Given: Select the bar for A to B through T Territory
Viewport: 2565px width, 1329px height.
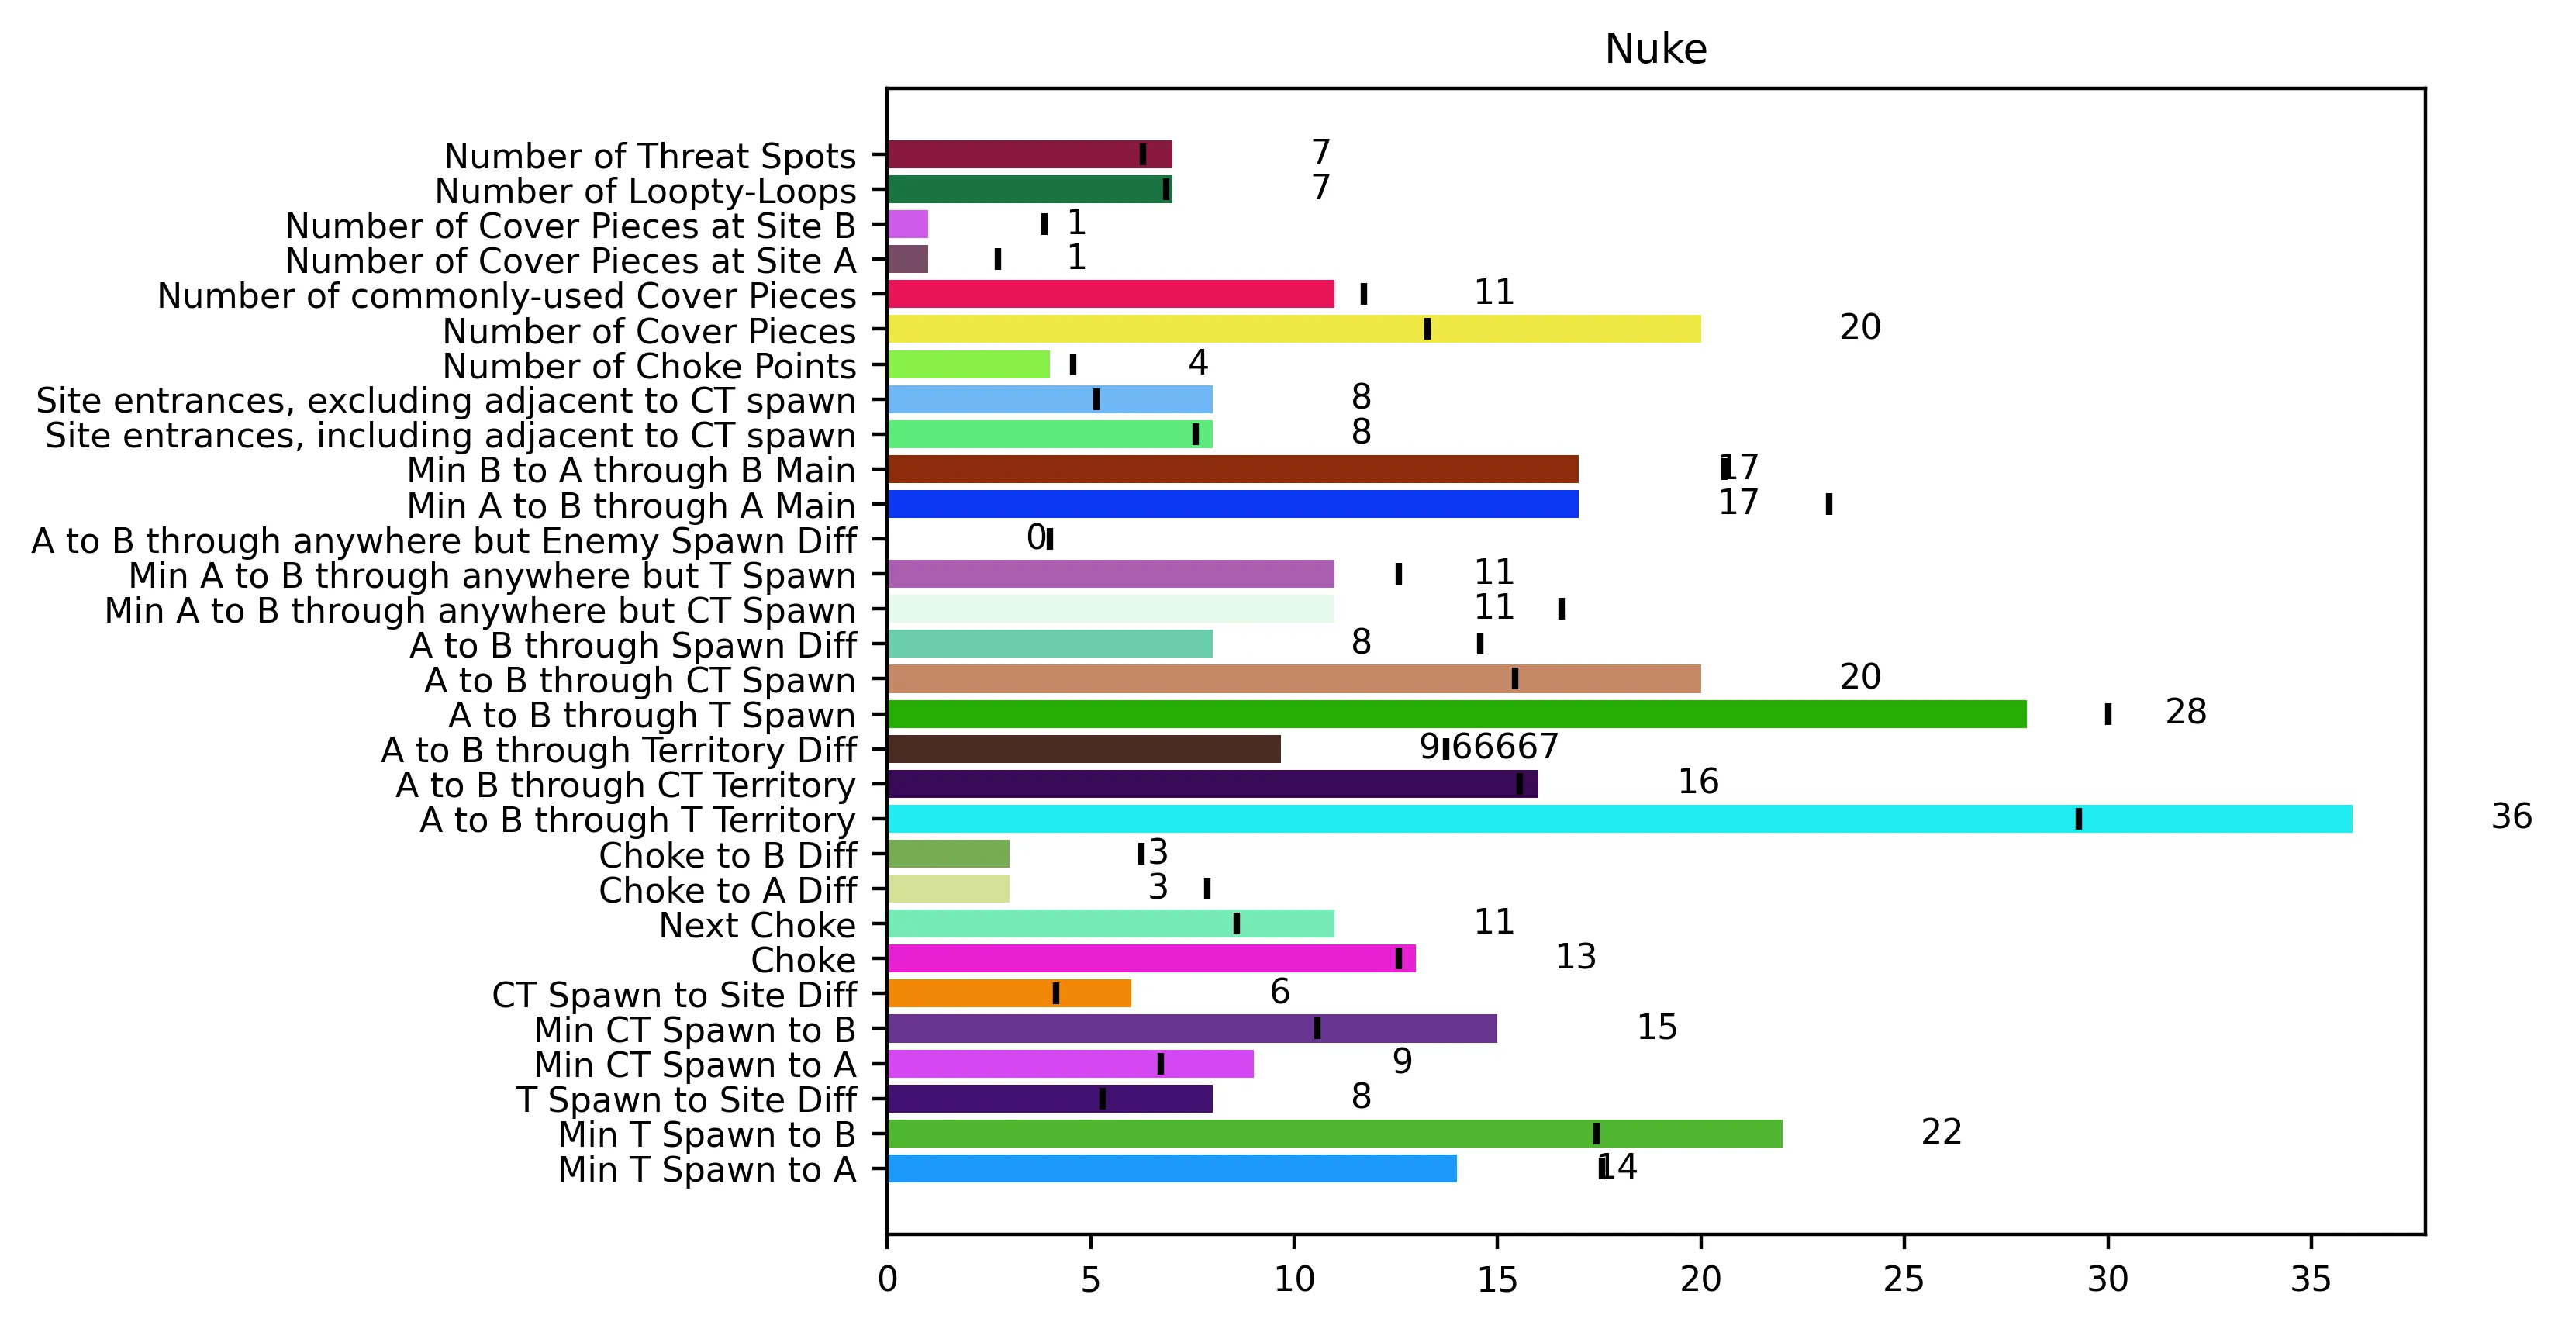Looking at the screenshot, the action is (x=1619, y=818).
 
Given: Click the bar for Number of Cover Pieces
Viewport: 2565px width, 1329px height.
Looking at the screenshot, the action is (x=1293, y=329).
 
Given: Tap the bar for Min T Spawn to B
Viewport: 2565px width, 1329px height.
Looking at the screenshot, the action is (x=1334, y=1133).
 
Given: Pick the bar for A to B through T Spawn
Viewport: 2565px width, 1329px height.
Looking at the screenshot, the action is (x=1457, y=714).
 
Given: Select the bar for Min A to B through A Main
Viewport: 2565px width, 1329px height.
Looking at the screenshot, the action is (x=1233, y=504).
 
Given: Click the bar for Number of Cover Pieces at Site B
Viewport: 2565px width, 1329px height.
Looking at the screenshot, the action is (x=907, y=224).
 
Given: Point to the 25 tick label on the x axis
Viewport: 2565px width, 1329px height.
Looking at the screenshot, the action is (x=1904, y=1279).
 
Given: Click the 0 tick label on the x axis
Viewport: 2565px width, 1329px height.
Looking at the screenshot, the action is (x=887, y=1279).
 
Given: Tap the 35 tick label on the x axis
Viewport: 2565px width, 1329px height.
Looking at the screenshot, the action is (x=2311, y=1279).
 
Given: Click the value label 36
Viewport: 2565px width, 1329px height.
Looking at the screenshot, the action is (x=2511, y=816).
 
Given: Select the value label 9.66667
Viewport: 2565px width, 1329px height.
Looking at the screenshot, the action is (x=1489, y=747).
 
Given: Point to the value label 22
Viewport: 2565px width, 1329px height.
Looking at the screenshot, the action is (x=1941, y=1132).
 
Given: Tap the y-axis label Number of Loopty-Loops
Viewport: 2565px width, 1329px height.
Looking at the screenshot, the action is (x=645, y=190).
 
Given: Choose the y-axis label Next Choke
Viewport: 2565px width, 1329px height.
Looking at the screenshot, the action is (x=757, y=925).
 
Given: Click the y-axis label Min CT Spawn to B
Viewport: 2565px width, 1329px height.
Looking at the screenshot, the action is (x=695, y=1030).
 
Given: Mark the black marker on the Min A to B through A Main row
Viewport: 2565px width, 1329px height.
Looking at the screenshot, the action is (x=1829, y=504).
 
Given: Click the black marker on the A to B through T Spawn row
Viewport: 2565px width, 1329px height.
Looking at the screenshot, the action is (x=2108, y=714).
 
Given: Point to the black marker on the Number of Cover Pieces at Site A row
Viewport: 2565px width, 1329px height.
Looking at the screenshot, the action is (x=998, y=259).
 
